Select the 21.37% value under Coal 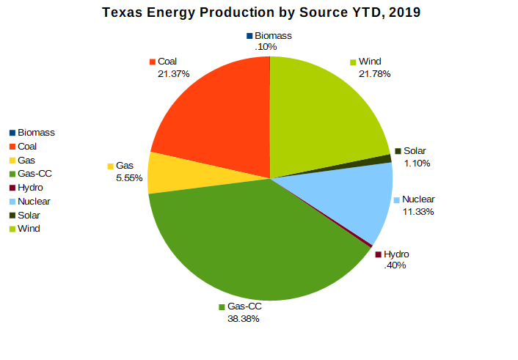pyautogui.click(x=173, y=74)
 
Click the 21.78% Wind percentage pyautogui.click(x=374, y=74)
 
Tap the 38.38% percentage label pyautogui.click(x=243, y=319)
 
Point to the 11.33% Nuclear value pyautogui.click(x=417, y=212)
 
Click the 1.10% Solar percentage pyautogui.click(x=417, y=164)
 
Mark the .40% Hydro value pyautogui.click(x=395, y=265)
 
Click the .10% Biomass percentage pyautogui.click(x=265, y=47)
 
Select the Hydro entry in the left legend pyautogui.click(x=30, y=188)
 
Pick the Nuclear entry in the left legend pyautogui.click(x=34, y=202)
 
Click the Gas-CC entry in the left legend pyautogui.click(x=34, y=174)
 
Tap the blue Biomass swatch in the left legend pyautogui.click(x=12, y=133)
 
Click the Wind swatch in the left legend pyautogui.click(x=12, y=229)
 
